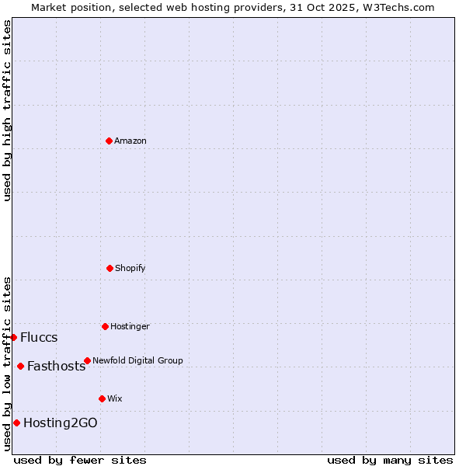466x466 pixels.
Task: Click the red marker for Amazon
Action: pyautogui.click(x=109, y=141)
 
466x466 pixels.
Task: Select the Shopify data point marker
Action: pyautogui.click(x=110, y=268)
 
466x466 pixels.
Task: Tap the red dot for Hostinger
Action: pyautogui.click(x=105, y=326)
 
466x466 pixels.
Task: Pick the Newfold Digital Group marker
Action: pyautogui.click(x=87, y=360)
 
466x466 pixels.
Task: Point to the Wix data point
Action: pyautogui.click(x=102, y=398)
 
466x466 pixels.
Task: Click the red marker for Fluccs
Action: pyautogui.click(x=13, y=337)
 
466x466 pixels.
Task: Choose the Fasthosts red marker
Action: pyautogui.click(x=20, y=366)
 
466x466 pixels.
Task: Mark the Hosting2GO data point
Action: pyautogui.click(x=16, y=423)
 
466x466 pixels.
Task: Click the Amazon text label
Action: pyautogui.click(x=130, y=141)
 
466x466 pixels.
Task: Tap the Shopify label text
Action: pyautogui.click(x=130, y=268)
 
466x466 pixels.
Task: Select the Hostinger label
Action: pyautogui.click(x=130, y=326)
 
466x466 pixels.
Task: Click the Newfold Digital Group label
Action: pyautogui.click(x=137, y=360)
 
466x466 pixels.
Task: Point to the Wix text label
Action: pyautogui.click(x=115, y=398)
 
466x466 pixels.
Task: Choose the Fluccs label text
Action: pyautogui.click(x=39, y=337)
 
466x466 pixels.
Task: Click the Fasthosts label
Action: pyautogui.click(x=56, y=367)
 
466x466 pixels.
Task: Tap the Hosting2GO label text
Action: pyautogui.click(x=61, y=423)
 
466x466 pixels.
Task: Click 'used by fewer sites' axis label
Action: pyautogui.click(x=80, y=460)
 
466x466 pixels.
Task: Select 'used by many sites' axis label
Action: pyautogui.click(x=390, y=460)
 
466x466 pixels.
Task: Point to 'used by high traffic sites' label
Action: pyautogui.click(x=7, y=110)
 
